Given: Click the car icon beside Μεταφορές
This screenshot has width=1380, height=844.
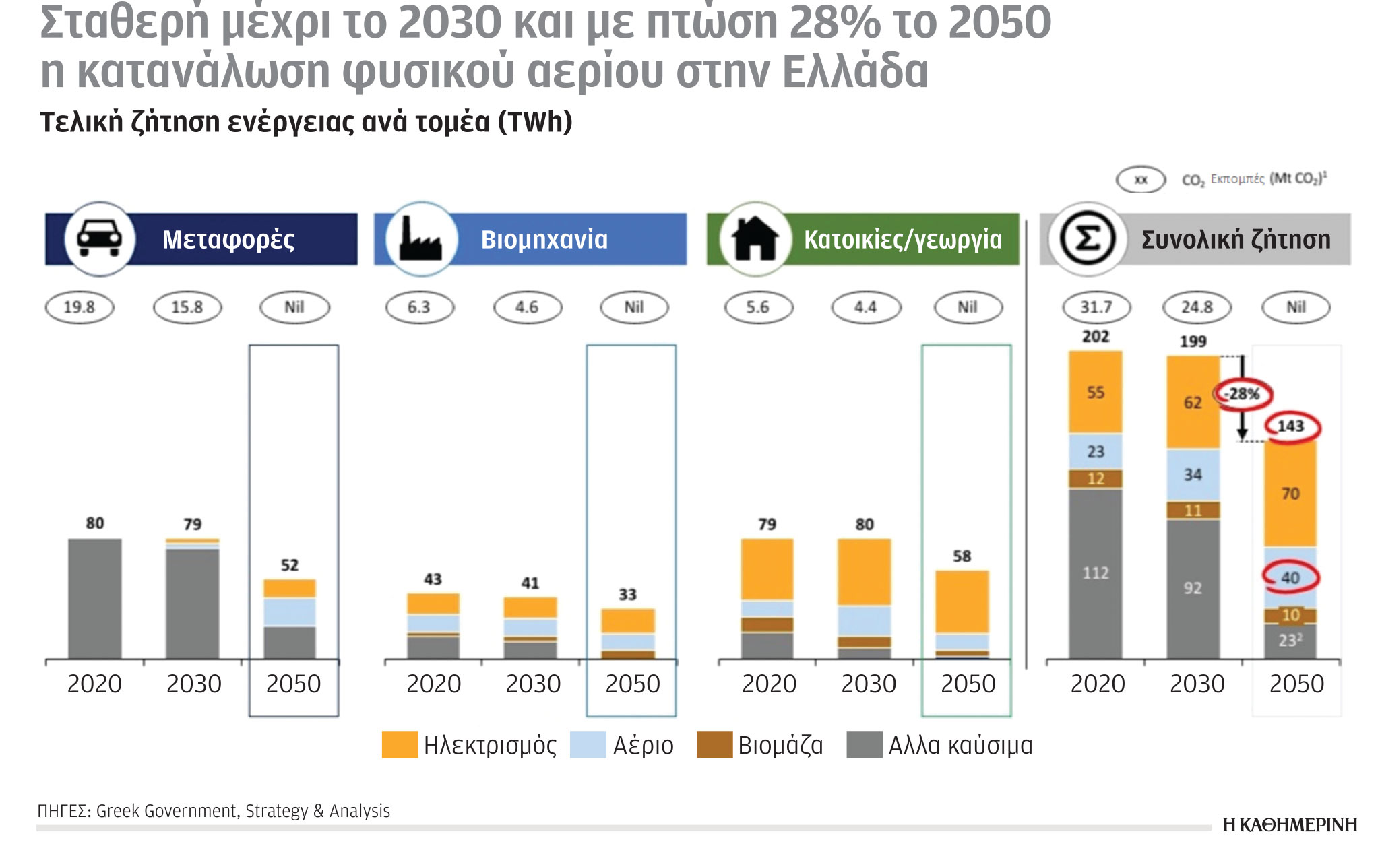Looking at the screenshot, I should pyautogui.click(x=99, y=239).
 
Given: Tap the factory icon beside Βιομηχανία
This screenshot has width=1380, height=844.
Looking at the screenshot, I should pyautogui.click(x=420, y=239).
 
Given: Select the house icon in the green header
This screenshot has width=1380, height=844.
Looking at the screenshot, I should pyautogui.click(x=755, y=239).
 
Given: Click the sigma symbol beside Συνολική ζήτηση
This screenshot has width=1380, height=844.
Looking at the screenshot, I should pyautogui.click(x=1087, y=239).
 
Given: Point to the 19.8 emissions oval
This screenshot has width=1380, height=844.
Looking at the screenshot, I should pyautogui.click(x=80, y=307).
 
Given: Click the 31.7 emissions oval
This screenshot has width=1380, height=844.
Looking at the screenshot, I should pyautogui.click(x=1096, y=307).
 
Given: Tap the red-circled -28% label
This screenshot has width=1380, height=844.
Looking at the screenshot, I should pyautogui.click(x=1243, y=394).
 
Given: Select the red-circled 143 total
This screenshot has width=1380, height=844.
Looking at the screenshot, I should pyautogui.click(x=1290, y=426).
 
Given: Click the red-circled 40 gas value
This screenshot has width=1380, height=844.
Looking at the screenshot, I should pyautogui.click(x=1290, y=577).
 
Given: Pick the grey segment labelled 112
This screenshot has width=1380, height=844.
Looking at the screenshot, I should pyautogui.click(x=1095, y=573).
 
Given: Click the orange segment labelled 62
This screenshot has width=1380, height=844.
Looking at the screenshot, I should pyautogui.click(x=1193, y=403).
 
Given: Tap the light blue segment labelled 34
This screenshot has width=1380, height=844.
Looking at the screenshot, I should pyautogui.click(x=1193, y=475).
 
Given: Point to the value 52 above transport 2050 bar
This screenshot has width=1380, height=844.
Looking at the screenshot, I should pyautogui.click(x=289, y=565).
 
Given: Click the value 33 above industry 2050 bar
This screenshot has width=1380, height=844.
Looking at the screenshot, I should pyautogui.click(x=627, y=595).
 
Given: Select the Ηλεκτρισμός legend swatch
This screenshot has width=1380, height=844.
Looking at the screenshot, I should pyautogui.click(x=399, y=745).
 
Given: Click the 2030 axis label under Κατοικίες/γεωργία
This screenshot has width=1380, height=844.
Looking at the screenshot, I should pyautogui.click(x=868, y=684).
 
